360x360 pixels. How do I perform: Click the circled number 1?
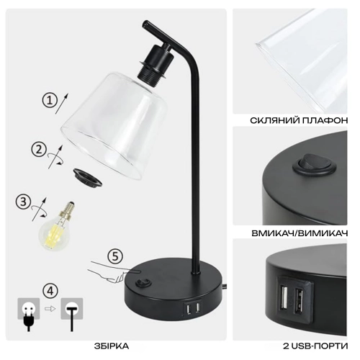(x=50, y=100)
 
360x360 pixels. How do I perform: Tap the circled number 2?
(x=39, y=150)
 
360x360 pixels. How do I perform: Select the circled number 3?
(x=23, y=202)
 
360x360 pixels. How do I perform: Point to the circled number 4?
(x=50, y=291)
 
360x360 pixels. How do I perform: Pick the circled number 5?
(x=115, y=256)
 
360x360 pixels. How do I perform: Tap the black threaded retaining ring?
(x=87, y=177)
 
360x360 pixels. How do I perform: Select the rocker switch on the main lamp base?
(x=142, y=283)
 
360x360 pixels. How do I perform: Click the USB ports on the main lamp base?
(x=192, y=308)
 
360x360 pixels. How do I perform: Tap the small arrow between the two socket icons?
(x=50, y=308)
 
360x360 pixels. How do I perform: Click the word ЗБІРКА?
(x=112, y=346)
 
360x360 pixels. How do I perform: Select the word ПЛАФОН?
(x=325, y=120)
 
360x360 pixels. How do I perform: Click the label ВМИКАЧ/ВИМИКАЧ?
(x=300, y=233)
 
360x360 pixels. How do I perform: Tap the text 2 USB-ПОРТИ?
(x=315, y=346)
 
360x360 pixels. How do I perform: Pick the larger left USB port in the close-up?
(x=284, y=297)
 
